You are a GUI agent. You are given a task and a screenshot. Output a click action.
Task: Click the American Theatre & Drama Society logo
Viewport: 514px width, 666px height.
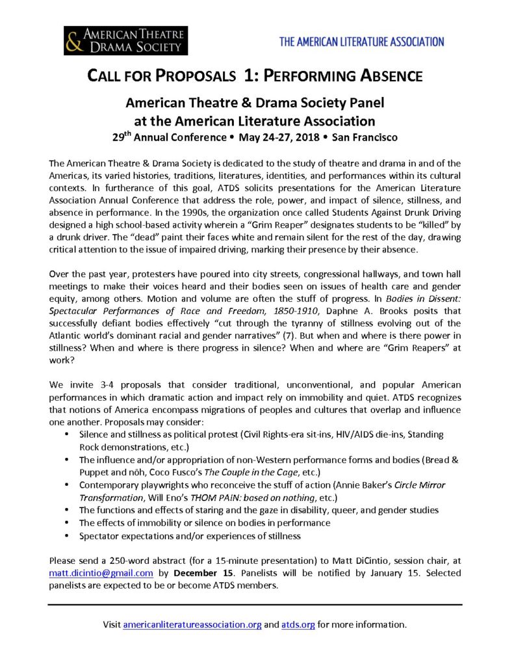click(125, 40)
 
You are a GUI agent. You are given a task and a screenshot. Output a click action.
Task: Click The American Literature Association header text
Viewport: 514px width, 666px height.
click(361, 42)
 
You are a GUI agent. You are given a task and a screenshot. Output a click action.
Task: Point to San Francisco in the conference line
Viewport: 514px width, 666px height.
click(368, 138)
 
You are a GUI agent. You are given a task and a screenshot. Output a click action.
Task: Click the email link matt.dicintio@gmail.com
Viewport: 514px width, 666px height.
click(101, 573)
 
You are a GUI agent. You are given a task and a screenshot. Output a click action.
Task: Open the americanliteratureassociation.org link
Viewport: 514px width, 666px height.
click(192, 624)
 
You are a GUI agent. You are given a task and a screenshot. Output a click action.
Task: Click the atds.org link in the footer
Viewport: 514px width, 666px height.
click(298, 624)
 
